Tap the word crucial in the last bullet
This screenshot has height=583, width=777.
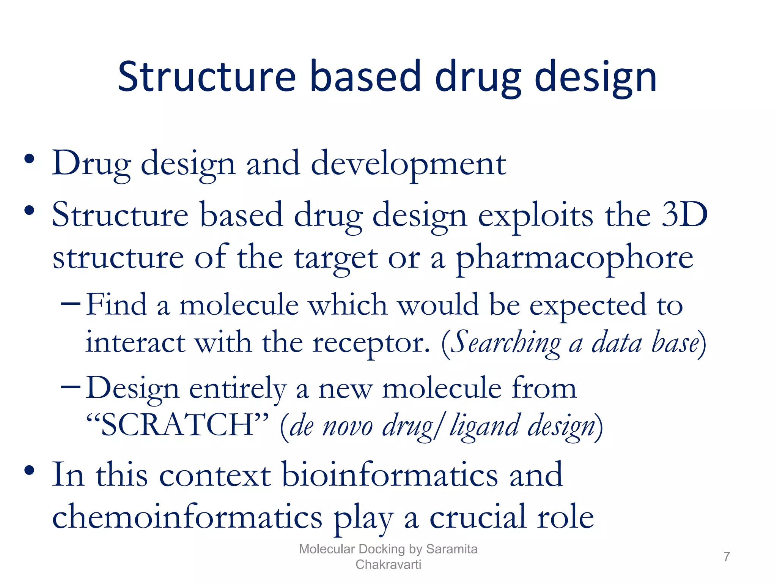tap(477, 517)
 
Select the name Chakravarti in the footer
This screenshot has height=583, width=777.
tap(388, 564)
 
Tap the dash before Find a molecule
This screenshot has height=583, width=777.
tap(71, 304)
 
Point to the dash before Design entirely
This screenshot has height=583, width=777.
tap(71, 387)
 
